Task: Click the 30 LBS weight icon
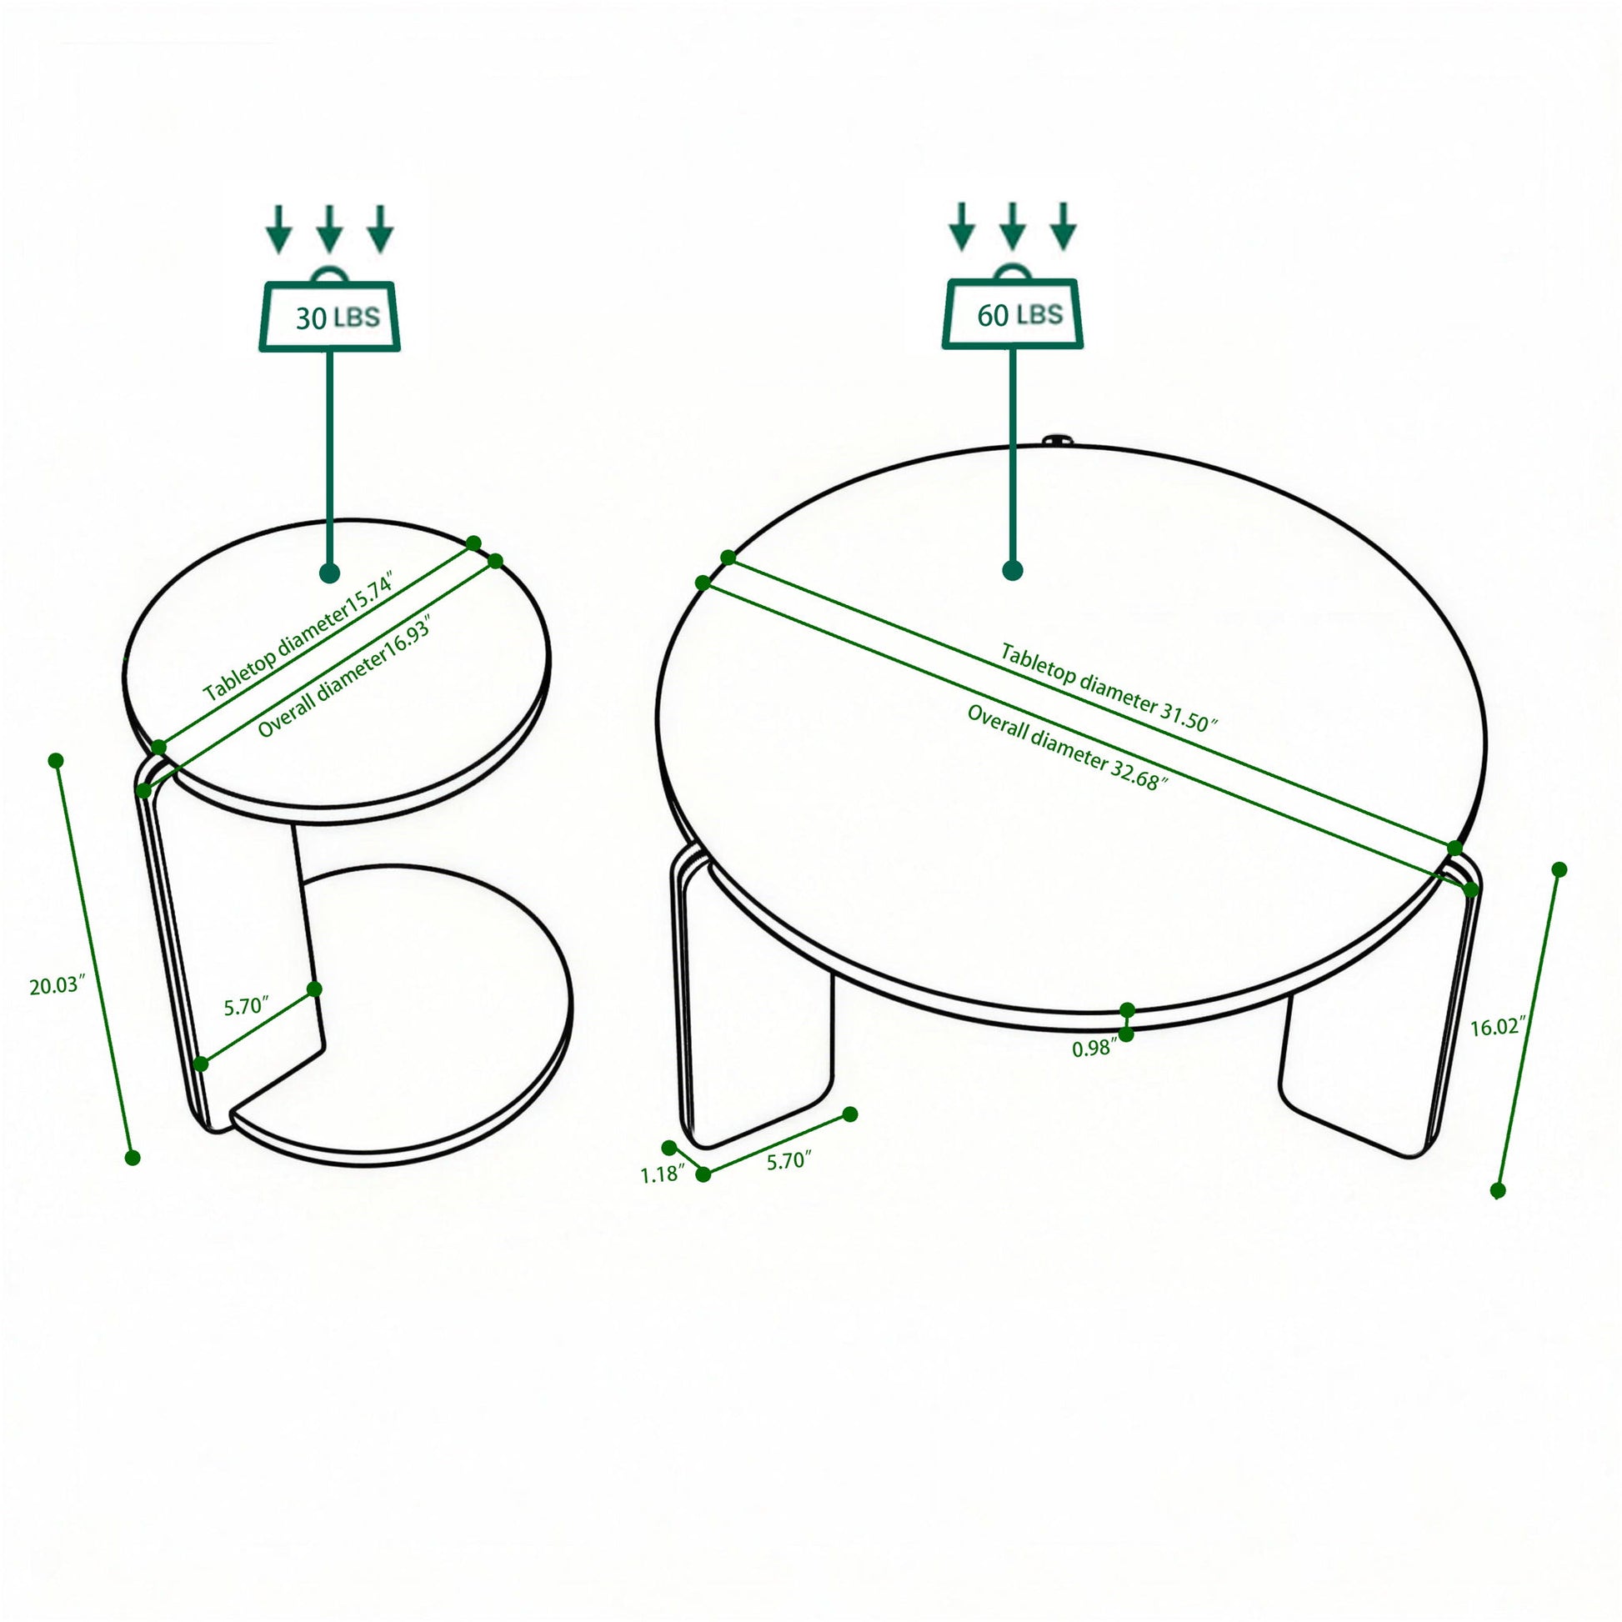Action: (x=329, y=315)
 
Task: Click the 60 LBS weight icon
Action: (x=1013, y=313)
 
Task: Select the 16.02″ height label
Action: (x=1497, y=1026)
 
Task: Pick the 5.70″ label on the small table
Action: (x=246, y=1006)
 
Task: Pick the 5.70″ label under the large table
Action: (x=789, y=1161)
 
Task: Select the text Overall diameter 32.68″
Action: (x=1067, y=747)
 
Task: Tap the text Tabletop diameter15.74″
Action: (x=298, y=634)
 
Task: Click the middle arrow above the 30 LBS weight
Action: (x=330, y=228)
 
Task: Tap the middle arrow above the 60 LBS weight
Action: (x=1013, y=225)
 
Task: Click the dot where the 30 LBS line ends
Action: (x=330, y=573)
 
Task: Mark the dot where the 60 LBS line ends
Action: (x=1013, y=571)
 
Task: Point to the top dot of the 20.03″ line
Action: (x=56, y=761)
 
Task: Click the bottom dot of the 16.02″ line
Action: (x=1498, y=1190)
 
